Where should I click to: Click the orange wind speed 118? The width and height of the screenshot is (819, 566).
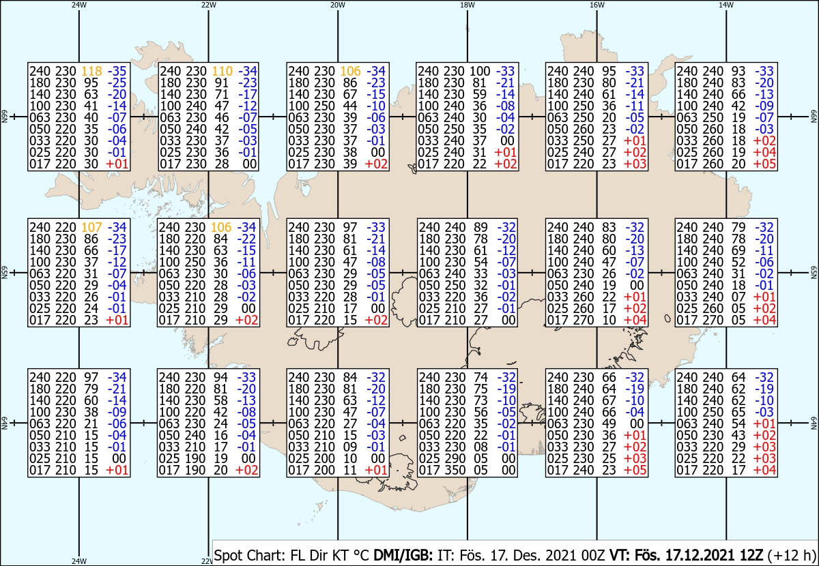91,71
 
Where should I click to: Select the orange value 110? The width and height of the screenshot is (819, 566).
222,71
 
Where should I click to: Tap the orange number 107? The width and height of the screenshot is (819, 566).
91,227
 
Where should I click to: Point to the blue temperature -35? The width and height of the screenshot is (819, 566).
117,71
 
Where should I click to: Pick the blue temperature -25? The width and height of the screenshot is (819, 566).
117,83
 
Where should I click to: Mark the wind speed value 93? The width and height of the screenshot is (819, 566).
738,71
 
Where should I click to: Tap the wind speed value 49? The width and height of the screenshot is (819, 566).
609,424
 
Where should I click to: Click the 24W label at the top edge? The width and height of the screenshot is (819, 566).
79,5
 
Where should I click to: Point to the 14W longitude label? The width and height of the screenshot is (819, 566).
726,5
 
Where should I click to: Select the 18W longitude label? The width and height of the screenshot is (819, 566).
468,5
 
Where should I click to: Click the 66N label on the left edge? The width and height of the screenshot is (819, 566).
4,117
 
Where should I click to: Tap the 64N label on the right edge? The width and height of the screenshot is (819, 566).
814,423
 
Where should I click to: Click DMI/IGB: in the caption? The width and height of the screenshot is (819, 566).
403,555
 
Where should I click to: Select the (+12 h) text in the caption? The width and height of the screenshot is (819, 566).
791,556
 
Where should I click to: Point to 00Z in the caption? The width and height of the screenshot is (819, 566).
593,555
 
